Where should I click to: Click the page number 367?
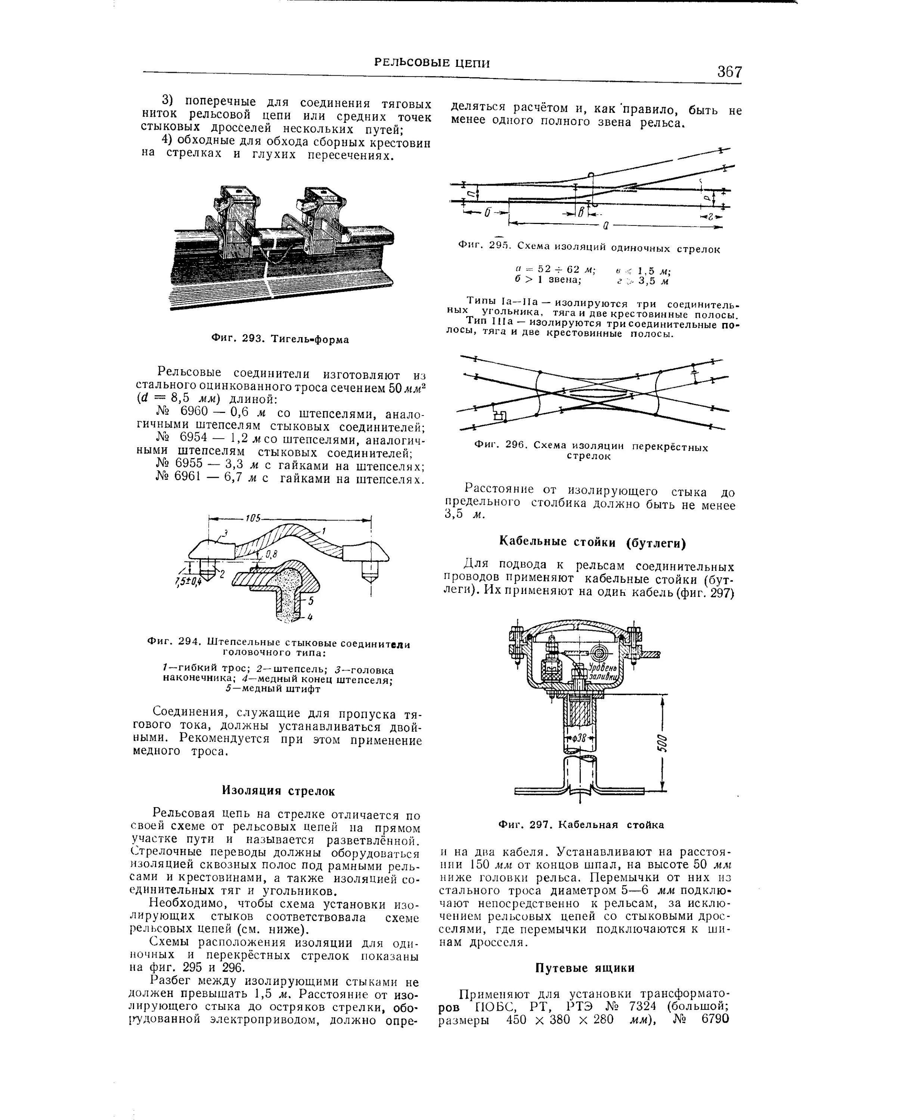[729, 71]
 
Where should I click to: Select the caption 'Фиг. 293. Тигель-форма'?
[280, 340]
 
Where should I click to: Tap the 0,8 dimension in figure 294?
[271, 555]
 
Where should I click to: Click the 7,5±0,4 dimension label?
[188, 581]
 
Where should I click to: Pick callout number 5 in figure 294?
[311, 601]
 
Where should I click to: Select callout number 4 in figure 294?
[310, 617]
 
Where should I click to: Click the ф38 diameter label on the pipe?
[579, 738]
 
